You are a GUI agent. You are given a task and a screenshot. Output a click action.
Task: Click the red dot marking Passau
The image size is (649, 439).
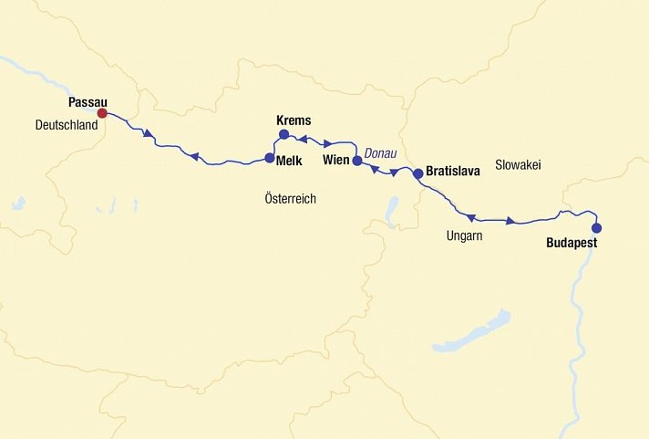(x=102, y=113)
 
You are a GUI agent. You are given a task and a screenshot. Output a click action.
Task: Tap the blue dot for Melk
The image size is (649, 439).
(x=269, y=158)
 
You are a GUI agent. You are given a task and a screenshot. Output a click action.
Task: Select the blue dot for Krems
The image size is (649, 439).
(x=283, y=135)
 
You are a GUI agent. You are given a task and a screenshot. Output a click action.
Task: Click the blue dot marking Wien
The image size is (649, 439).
(x=357, y=161)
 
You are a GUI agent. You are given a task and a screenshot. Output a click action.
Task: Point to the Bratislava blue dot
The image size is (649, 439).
(x=417, y=172)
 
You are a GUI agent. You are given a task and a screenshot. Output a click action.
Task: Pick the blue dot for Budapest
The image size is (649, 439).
(x=596, y=228)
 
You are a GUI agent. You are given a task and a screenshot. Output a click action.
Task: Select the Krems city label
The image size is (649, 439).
(x=293, y=120)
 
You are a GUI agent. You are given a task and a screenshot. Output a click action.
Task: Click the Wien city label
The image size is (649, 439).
(x=336, y=161)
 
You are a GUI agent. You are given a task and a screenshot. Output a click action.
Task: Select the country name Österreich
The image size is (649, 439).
(x=290, y=198)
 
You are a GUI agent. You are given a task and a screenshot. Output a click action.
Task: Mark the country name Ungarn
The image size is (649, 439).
(x=464, y=236)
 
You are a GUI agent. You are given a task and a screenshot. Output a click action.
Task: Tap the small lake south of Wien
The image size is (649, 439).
(x=392, y=212)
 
